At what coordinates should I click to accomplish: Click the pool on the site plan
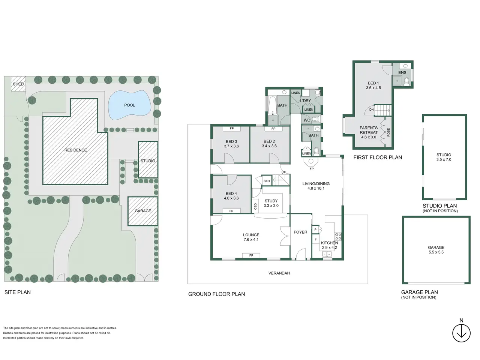coord(130,105)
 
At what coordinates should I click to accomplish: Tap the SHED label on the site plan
coord(18,84)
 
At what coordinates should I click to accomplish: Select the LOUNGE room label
coord(251,235)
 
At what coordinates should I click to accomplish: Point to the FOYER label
coord(300,232)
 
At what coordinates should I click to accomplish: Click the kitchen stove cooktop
coord(338,236)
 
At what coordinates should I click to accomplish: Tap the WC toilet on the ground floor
coord(315,119)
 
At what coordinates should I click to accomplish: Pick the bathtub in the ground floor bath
coord(273,105)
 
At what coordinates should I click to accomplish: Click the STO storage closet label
coord(267,181)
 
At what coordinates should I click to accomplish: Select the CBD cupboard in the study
coord(255,206)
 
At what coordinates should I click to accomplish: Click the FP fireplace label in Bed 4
coord(231,211)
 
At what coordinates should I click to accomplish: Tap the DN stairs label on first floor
coord(371,109)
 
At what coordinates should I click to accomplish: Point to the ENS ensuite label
coord(402,72)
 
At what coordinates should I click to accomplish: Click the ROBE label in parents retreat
coord(388,132)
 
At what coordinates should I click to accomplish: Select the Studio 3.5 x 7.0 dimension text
coord(444,160)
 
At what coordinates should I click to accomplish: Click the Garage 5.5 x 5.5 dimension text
coord(436,252)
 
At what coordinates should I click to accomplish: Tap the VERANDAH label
coord(279,273)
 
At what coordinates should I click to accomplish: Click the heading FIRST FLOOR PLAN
coord(378,157)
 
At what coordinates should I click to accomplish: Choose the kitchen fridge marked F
coord(315,240)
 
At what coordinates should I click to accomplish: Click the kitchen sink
coord(327,254)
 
